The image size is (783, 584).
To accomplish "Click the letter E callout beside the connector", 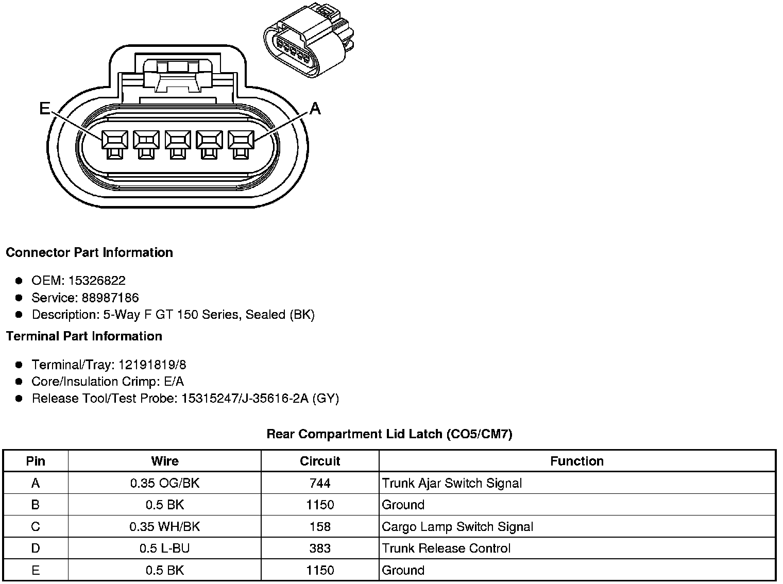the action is pyautogui.click(x=45, y=108).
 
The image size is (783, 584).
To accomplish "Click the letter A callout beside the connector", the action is pyautogui.click(x=315, y=108).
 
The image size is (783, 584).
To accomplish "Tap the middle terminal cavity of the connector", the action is pyautogui.click(x=178, y=145).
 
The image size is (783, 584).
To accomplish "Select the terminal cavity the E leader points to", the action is pyautogui.click(x=115, y=145).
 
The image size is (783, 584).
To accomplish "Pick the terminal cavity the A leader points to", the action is pyautogui.click(x=241, y=145).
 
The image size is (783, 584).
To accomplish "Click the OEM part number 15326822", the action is pyautogui.click(x=97, y=281).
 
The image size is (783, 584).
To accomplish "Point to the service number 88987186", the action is pyautogui.click(x=110, y=298).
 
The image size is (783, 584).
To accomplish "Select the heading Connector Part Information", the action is pyautogui.click(x=90, y=252).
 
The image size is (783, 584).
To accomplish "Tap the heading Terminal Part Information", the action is pyautogui.click(x=84, y=336).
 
